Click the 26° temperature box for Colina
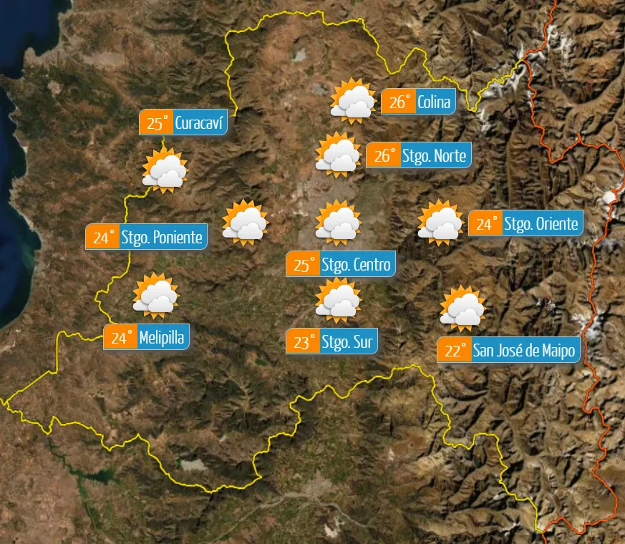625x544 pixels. (398, 102)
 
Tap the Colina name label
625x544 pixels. (435, 102)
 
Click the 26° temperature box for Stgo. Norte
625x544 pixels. (383, 155)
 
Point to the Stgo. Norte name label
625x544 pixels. (434, 155)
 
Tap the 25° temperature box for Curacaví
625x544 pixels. (156, 123)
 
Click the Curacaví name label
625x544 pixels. (200, 123)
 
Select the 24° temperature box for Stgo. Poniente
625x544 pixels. (102, 237)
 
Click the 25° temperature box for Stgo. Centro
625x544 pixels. (303, 265)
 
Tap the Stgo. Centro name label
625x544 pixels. (356, 265)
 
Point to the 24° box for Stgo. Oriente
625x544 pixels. (485, 223)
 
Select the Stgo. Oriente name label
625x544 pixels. (541, 223)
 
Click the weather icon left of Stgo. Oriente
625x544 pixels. (440, 223)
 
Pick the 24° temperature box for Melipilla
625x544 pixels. (120, 336)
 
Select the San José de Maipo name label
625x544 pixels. (525, 351)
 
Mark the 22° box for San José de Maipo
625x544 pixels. (454, 351)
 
